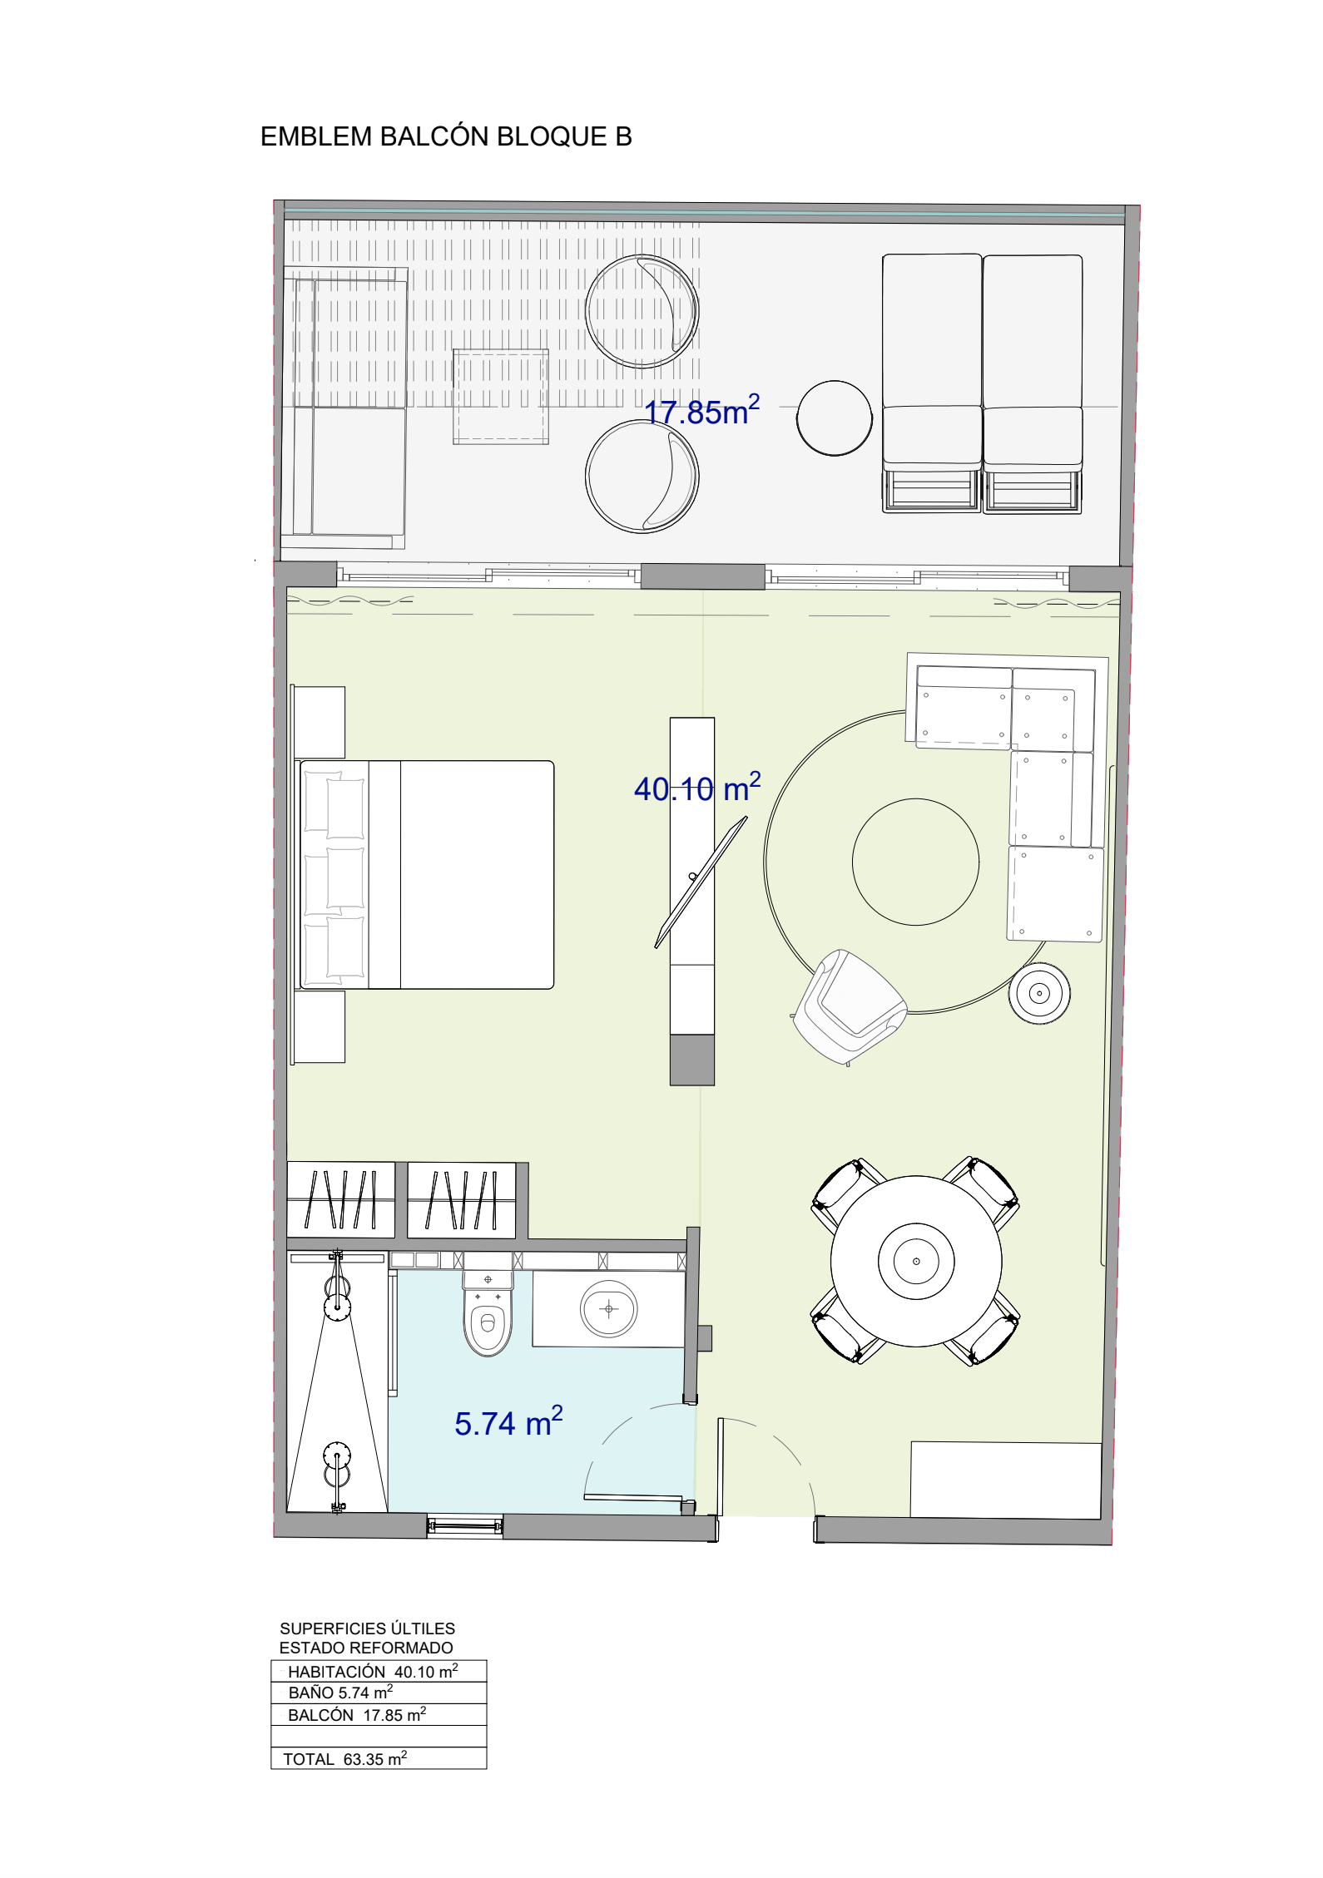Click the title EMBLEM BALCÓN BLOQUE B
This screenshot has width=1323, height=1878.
click(x=446, y=136)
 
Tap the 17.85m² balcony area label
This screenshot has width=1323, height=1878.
click(x=702, y=411)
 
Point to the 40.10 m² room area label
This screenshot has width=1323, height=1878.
click(x=697, y=788)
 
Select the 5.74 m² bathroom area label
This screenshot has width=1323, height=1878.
click(x=508, y=1422)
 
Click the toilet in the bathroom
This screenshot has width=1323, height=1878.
click(x=488, y=1313)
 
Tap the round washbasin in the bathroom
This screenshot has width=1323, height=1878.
click(x=609, y=1309)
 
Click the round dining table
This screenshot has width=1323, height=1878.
click(x=916, y=1261)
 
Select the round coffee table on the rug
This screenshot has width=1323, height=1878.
click(x=915, y=862)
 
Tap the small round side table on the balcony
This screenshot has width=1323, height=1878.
click(x=835, y=418)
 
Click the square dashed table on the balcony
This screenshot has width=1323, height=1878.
click(x=501, y=397)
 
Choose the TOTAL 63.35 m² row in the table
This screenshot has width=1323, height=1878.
click(x=379, y=1758)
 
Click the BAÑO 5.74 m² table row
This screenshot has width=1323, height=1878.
click(x=379, y=1693)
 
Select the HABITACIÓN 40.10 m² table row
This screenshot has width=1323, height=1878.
click(x=379, y=1671)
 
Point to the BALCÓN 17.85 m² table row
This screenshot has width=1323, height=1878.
click(x=379, y=1714)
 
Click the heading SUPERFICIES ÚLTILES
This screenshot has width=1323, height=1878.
click(x=368, y=1628)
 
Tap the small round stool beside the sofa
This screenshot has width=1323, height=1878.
click(x=1039, y=993)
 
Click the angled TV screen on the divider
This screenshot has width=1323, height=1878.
click(x=701, y=882)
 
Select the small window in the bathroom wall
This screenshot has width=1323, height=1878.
click(x=465, y=1525)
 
